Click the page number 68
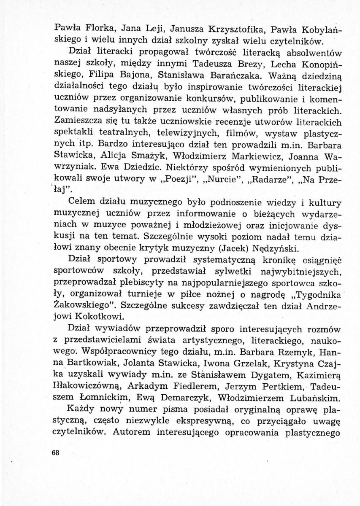pos(54,453)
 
